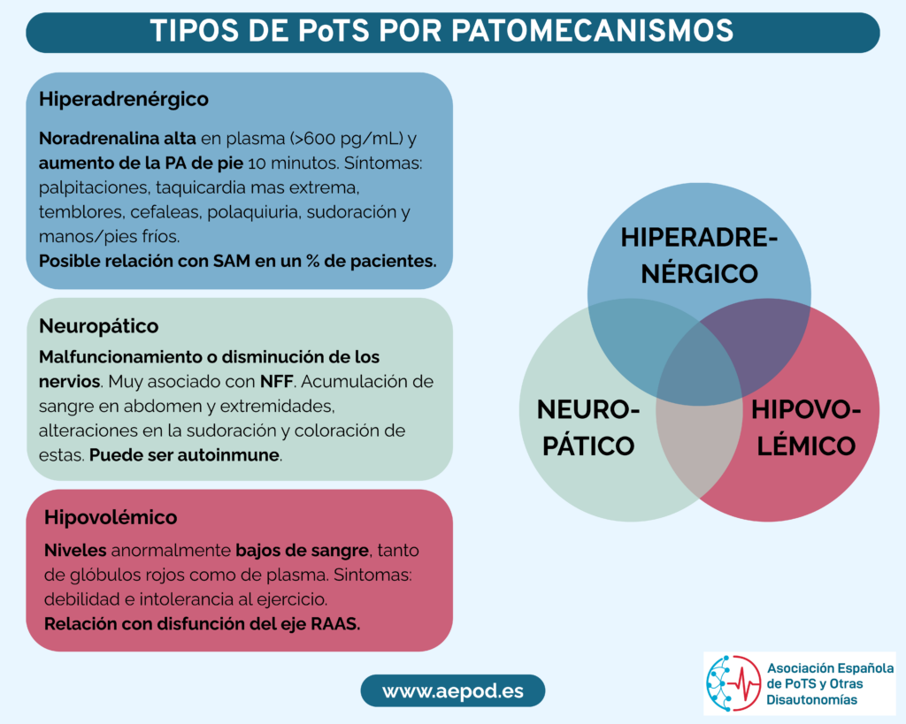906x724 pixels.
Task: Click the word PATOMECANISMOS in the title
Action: tap(592, 31)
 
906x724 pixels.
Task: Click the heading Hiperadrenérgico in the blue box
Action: tap(124, 99)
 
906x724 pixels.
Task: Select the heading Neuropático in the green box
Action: tap(99, 326)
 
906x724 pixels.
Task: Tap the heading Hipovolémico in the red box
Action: tap(111, 517)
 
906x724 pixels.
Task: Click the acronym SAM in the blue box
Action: tap(232, 261)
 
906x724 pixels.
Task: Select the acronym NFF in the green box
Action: tap(276, 382)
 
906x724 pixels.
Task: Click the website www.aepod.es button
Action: tap(453, 690)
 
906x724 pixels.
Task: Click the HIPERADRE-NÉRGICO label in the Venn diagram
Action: tap(699, 255)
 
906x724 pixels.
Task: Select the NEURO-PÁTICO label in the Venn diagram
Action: tap(588, 428)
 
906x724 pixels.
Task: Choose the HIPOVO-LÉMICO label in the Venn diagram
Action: tap(806, 428)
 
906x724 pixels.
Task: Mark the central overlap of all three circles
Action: tap(699, 370)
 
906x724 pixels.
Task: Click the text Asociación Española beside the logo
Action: tap(830, 668)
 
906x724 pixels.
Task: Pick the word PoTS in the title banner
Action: tap(334, 31)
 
